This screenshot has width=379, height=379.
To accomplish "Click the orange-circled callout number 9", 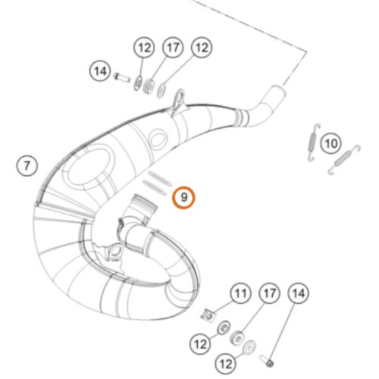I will [x=183, y=198].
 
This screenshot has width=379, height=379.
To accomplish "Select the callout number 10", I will [x=329, y=142].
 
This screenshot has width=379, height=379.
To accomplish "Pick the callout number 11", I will [x=240, y=293].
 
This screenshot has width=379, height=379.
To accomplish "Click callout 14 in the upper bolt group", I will [x=100, y=72].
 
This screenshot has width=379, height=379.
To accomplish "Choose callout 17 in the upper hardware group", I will [x=172, y=49].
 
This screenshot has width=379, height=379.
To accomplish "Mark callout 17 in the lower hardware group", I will [x=268, y=293].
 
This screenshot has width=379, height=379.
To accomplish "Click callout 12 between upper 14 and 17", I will [x=144, y=49].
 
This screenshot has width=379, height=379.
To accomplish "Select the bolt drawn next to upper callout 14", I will [x=122, y=76].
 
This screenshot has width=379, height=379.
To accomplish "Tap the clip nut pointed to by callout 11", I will [x=209, y=313].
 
